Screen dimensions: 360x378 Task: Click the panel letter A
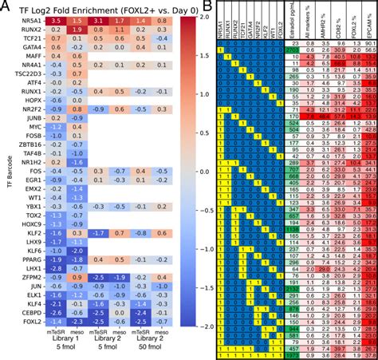coord(6,7)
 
